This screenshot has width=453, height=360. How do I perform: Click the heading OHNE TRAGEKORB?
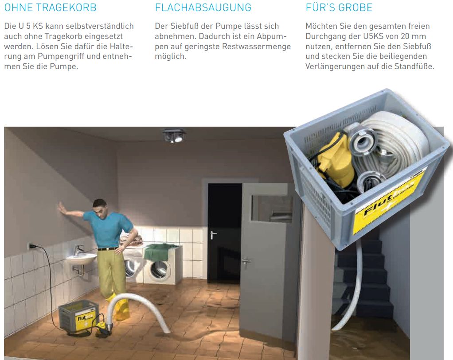50,8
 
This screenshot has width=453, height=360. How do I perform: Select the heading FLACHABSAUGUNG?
203,8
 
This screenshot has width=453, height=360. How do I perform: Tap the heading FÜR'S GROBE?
339,8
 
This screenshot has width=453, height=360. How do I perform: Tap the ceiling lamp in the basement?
174,135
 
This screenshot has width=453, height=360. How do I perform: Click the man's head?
99,207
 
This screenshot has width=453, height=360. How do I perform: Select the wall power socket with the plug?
31,246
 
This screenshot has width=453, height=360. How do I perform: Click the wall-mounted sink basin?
82,258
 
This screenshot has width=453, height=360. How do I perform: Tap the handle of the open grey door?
246,261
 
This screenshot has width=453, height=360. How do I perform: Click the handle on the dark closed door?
213,234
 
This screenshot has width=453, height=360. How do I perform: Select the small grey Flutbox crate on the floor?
79,316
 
